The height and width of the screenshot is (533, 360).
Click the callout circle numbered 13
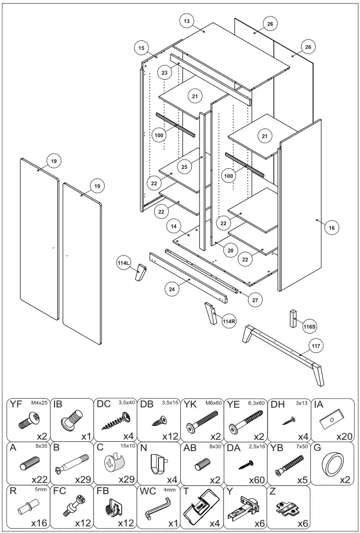click(x=187, y=21)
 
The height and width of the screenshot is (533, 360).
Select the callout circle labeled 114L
click(x=124, y=263)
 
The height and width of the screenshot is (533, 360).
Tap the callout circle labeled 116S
click(x=309, y=327)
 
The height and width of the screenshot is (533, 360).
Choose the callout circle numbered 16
click(x=331, y=227)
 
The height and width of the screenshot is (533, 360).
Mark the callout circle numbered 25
click(x=185, y=167)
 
